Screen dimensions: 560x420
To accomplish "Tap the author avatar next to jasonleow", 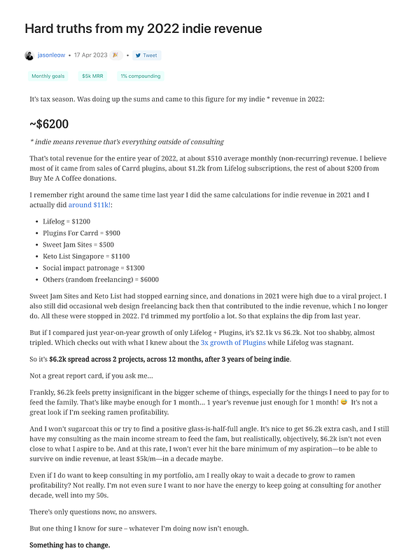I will tap(29, 55).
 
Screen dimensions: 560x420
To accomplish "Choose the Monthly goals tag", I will tap(48, 76).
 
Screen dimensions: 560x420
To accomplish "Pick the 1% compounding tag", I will tap(140, 76).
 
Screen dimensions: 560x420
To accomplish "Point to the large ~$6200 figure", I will tap(49, 124).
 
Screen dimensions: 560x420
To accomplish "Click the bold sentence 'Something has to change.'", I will tap(69, 545).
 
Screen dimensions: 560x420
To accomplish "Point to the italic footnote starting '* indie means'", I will tap(127, 142).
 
